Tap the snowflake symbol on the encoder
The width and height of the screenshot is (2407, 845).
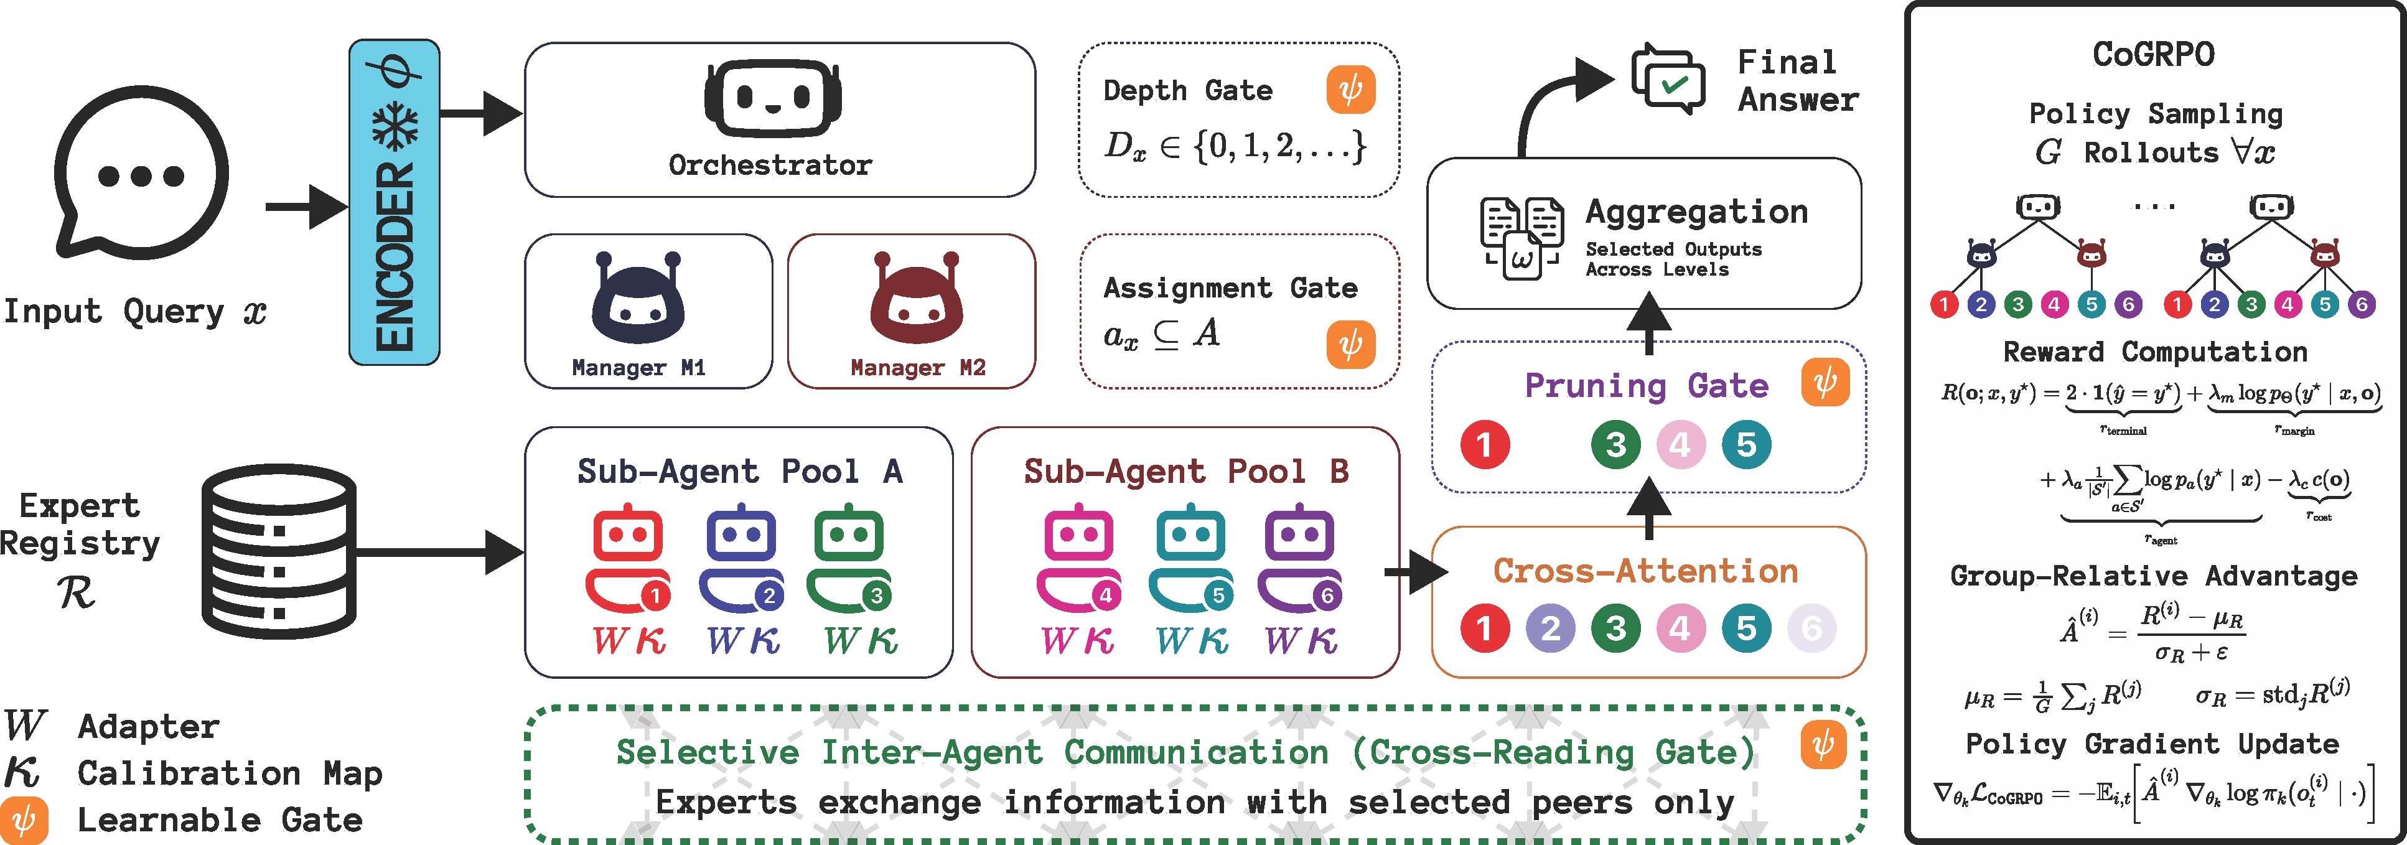395,125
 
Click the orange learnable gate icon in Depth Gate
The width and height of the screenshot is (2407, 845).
1350,90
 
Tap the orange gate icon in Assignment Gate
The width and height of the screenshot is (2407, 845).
1350,344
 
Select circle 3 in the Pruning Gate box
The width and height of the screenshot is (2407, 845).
1615,445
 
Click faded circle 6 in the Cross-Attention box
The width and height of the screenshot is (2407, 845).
1811,628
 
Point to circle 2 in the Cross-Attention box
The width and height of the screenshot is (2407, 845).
1550,628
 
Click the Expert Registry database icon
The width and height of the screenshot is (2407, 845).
279,551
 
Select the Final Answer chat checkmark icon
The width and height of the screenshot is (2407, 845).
1668,80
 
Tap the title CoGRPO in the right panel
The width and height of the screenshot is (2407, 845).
2154,54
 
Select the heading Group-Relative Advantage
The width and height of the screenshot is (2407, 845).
2154,576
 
